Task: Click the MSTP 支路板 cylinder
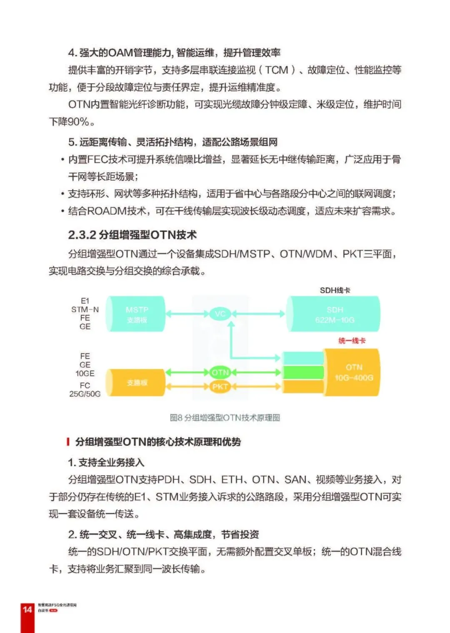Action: coord(136,314)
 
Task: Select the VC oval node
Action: coord(220,314)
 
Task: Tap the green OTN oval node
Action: coord(220,372)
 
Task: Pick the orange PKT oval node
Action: coord(220,387)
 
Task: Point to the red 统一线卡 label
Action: coord(352,341)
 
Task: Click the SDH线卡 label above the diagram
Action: coord(335,290)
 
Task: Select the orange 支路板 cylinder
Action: coord(136,382)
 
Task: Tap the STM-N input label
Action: coord(85,309)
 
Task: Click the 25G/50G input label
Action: coord(85,394)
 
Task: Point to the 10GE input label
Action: coord(85,373)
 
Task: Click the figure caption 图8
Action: coord(176,417)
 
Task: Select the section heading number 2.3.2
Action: coord(82,235)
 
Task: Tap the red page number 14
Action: coord(27,609)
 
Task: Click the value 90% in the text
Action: coord(78,122)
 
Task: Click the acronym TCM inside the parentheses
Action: coord(277,70)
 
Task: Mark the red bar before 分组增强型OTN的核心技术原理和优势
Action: coord(67,442)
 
